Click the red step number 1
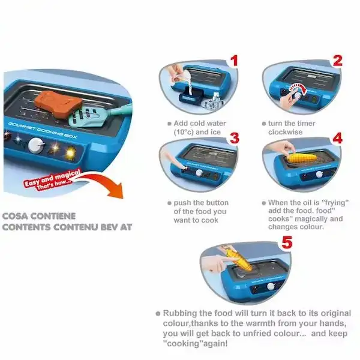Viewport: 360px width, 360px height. pos(234,61)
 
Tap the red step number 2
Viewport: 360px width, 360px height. pos(337,61)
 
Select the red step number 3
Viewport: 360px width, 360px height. pos(235,138)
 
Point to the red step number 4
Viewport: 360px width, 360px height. pos(337,138)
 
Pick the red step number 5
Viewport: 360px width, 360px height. pos(287,242)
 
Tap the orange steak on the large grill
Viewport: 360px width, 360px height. pos(58,103)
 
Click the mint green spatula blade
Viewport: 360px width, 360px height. pos(85,116)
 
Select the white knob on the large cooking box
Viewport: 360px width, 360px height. pos(36,145)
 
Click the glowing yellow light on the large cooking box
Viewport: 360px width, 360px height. pos(71,152)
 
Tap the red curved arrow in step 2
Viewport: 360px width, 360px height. pos(298,89)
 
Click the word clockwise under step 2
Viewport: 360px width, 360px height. pos(286,132)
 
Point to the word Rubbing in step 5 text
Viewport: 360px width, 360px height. pos(180,314)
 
